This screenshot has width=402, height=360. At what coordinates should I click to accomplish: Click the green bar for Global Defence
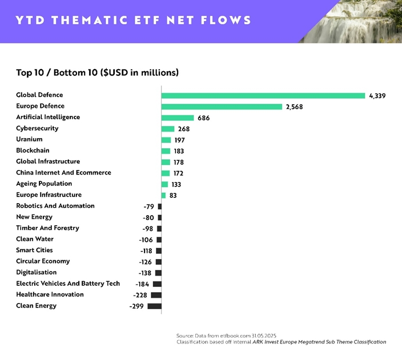coord(263,95)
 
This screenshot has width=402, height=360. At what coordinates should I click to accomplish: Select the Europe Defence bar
coord(222,107)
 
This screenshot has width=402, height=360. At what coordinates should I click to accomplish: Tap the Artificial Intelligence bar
coord(178,118)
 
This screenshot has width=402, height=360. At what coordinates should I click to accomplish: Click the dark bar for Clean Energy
coord(154,306)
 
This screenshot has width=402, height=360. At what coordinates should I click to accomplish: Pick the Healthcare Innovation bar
coord(156,295)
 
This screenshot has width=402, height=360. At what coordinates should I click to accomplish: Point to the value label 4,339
coord(377,96)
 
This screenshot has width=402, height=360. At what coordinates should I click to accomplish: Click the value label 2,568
coord(295,107)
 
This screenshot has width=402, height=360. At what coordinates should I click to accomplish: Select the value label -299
coord(137,306)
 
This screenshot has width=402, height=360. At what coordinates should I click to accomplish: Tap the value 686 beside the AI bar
coord(204,118)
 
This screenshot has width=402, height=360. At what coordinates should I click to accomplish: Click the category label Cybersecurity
coord(37,128)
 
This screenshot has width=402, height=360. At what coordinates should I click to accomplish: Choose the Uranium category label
coord(29,139)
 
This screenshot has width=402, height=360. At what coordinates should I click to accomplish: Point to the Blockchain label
coord(33,151)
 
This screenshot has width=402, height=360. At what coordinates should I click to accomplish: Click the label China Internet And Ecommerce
coord(63,172)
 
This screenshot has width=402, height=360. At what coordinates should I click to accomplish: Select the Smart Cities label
coord(34,250)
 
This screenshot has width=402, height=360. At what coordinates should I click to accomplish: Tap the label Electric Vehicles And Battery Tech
coord(68,284)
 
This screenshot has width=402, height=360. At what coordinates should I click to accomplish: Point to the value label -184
coord(142,284)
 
